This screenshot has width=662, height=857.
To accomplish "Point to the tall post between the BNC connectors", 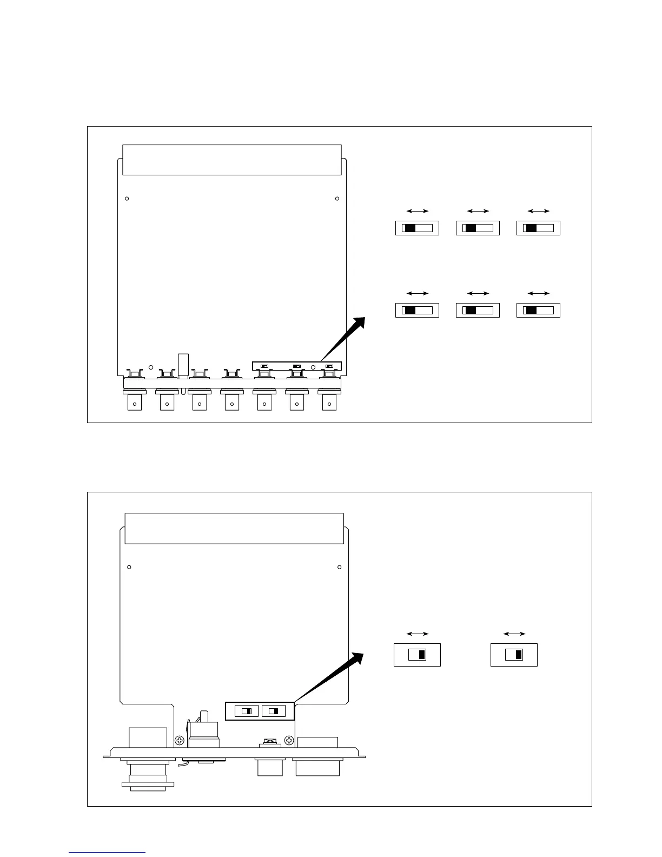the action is tap(183, 365).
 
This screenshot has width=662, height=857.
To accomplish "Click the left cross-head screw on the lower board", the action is tap(180, 740).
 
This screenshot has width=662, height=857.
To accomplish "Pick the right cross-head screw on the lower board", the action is tap(290, 740).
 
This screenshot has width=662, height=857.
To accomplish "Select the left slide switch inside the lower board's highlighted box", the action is tap(247, 711).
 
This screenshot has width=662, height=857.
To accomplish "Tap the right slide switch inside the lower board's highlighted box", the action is tap(274, 711).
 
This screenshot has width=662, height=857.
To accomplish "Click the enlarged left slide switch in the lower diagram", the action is tap(417, 655).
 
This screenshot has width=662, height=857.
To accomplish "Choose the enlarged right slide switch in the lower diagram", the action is tap(514, 655).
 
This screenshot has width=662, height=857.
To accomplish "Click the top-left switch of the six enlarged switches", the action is tap(417, 228).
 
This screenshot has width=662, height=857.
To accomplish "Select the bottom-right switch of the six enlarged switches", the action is tap(538, 311).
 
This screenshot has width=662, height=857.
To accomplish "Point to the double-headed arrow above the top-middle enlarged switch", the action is tap(478, 211).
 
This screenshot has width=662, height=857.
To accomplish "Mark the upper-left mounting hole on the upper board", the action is tap(127, 199).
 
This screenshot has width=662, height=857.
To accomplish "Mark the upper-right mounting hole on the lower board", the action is tap(339, 567).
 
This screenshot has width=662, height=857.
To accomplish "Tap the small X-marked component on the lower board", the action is tap(267, 740).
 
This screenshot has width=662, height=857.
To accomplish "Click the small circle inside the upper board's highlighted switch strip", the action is tap(313, 367).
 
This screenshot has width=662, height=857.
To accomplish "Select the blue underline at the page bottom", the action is tap(107, 852).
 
